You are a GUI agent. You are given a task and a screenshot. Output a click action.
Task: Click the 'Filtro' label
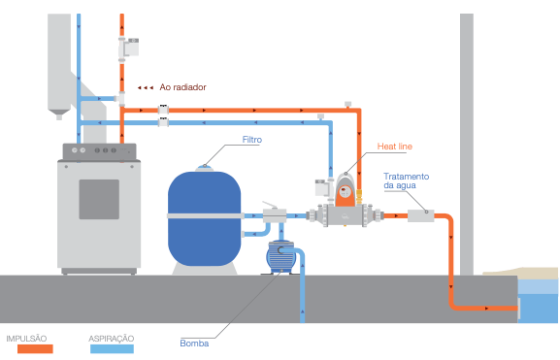251,140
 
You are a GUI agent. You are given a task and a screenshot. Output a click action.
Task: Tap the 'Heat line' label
395,147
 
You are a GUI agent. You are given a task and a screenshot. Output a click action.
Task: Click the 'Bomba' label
194,343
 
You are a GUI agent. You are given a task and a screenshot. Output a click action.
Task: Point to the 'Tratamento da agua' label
407,180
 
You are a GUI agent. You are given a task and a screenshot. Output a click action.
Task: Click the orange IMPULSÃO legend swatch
29,348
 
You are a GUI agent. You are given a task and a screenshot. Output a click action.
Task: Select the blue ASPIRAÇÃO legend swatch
111,348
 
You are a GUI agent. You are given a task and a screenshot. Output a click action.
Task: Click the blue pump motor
282,256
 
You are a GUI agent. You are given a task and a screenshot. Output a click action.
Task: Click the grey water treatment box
419,216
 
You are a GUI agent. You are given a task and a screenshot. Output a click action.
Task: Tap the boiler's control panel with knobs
98,151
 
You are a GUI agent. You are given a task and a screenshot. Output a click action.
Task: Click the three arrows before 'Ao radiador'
145,87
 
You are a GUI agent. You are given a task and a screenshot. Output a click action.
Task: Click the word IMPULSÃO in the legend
28,338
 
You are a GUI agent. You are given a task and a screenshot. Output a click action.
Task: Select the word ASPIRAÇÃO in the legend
112,338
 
